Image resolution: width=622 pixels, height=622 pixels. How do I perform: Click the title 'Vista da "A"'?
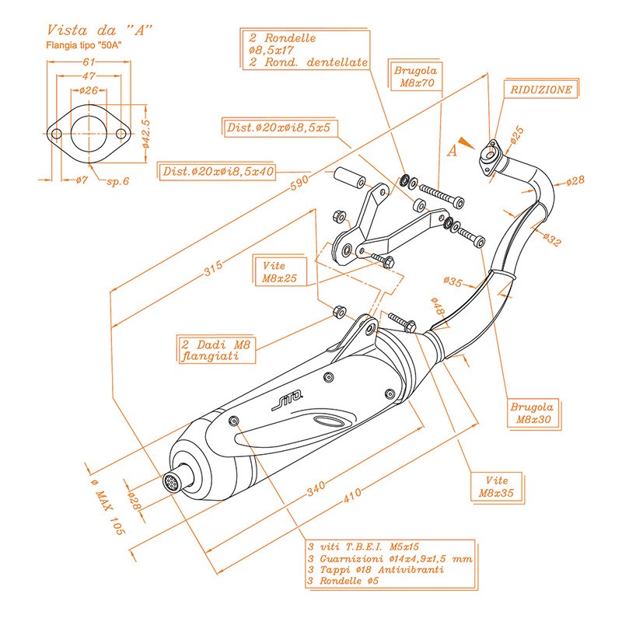pos(100,30)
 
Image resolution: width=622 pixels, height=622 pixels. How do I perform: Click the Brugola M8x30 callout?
pos(533,413)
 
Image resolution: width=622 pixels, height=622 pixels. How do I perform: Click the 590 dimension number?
pos(299,182)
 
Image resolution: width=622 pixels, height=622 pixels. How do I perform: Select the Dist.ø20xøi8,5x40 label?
pos(217,171)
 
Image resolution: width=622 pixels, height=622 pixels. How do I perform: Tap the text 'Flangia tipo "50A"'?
pos(84,45)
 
